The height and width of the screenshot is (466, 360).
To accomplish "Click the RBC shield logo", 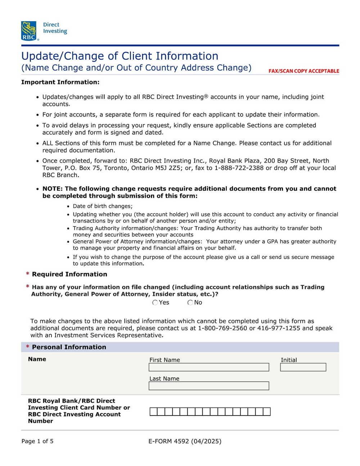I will point(29,31).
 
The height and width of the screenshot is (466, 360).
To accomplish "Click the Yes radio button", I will point(155,303).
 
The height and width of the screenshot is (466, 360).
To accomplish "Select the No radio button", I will point(190,303).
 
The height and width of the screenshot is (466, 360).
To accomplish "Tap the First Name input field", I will point(209,367).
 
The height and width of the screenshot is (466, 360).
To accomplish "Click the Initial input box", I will point(303,367).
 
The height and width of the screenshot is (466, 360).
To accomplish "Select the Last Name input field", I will point(209,386).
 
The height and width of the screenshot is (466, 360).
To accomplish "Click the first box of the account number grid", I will point(153,412).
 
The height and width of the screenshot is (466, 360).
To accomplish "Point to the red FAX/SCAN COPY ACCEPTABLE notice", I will point(303,71).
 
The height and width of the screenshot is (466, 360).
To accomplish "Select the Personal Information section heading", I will point(69,347).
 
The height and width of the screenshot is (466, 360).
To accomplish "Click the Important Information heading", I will point(60,82).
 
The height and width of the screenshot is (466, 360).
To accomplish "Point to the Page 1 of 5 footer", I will point(37,441).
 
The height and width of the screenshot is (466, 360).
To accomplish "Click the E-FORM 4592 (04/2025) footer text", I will point(185,441).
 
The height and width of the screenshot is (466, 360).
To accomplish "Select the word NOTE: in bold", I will point(53,189).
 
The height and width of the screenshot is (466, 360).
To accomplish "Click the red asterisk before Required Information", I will point(28,274).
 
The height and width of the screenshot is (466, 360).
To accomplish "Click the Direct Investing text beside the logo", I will point(55,28).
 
